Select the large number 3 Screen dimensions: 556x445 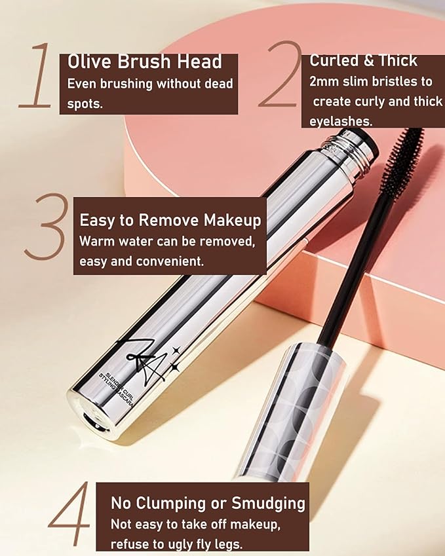pos(47,226)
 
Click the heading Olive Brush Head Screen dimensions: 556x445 pos(145,62)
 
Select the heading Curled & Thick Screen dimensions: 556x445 pos(363,60)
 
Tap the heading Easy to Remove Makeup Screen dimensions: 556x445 pos(170,220)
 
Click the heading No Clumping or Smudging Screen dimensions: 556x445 pos(208,503)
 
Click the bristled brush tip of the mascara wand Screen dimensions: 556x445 pos(400,160)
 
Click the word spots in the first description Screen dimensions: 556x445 pos(85,103)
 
